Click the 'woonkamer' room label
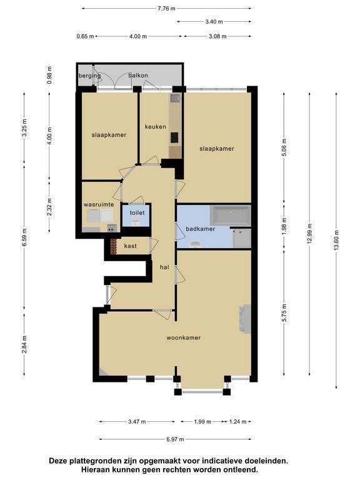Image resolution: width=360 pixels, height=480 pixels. click(x=183, y=337)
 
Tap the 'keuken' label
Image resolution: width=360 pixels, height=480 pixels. click(x=156, y=126)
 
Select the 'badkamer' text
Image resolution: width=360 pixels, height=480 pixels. click(x=201, y=229)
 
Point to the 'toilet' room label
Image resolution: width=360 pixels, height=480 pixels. click(x=137, y=212)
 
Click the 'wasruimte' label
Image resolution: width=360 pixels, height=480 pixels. click(x=99, y=204)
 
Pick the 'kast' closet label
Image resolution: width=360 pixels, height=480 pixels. click(x=131, y=246)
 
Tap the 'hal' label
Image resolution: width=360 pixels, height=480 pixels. click(x=164, y=267)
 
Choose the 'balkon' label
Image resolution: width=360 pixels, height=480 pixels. click(x=138, y=75)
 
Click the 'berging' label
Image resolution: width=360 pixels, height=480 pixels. click(x=90, y=76)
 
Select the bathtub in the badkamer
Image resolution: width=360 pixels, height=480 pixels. click(x=230, y=214)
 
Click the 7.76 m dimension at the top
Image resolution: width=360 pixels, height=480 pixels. click(x=166, y=9)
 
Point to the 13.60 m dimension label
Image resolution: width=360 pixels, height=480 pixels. click(x=336, y=240)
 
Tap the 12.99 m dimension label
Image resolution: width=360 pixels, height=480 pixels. click(x=309, y=233)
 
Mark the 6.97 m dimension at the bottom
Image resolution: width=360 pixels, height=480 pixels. click(x=175, y=439)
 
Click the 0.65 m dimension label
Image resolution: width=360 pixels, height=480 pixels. click(x=85, y=36)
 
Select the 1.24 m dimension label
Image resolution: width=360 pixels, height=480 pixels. click(x=237, y=421)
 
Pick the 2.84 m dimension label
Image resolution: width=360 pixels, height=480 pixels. click(x=24, y=344)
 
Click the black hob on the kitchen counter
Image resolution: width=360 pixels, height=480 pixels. click(x=174, y=137)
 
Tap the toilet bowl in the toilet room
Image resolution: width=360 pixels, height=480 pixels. click(x=136, y=223)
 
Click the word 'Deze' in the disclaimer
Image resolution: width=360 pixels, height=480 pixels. click(x=58, y=461)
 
